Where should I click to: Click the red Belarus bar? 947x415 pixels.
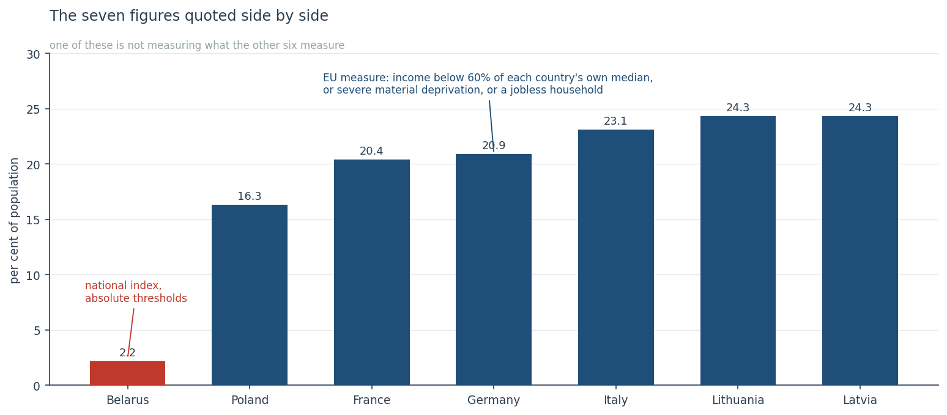(x=127, y=373)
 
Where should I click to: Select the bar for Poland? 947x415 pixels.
(x=250, y=295)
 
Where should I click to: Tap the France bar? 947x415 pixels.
(x=371, y=273)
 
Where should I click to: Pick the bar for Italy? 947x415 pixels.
(x=616, y=257)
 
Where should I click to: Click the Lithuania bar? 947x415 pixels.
(x=738, y=251)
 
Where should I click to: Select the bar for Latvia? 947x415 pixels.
(x=860, y=251)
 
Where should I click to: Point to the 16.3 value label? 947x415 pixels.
(x=250, y=196)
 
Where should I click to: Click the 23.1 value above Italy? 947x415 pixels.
(x=615, y=121)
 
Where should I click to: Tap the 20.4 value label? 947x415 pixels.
(x=371, y=151)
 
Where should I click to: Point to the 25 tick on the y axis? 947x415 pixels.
(x=34, y=109)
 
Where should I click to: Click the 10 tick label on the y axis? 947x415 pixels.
(x=34, y=275)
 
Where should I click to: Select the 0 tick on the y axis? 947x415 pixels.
(x=37, y=386)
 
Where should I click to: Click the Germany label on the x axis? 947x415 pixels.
(x=493, y=400)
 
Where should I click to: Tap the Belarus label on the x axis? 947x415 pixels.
(x=128, y=400)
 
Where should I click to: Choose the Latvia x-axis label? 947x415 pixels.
(x=860, y=400)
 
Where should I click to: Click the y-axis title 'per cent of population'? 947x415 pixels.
(x=14, y=221)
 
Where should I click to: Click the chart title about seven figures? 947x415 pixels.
(x=189, y=16)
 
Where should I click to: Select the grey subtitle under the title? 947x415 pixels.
(x=197, y=45)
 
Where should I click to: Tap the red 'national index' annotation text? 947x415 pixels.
(x=136, y=292)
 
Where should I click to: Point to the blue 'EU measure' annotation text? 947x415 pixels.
(x=488, y=84)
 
